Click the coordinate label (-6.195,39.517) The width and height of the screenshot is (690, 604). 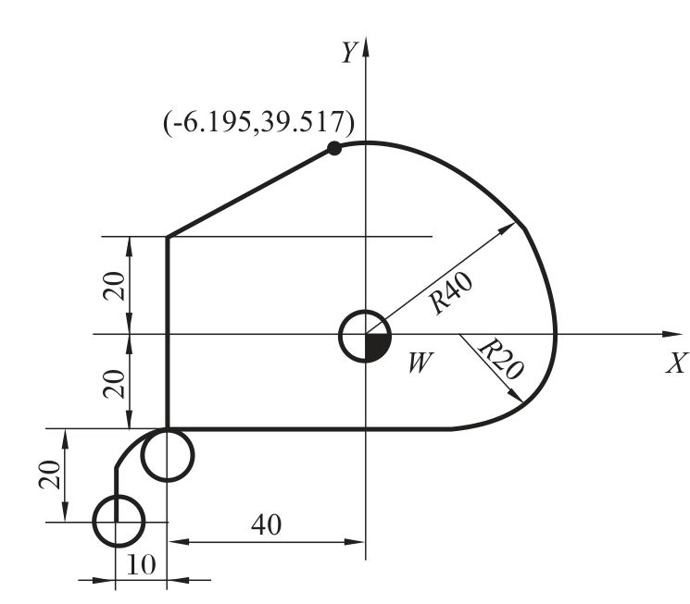(x=258, y=122)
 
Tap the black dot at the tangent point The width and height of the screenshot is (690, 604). (x=334, y=148)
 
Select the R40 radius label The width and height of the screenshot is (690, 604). (x=451, y=293)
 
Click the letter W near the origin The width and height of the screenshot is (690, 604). (x=420, y=364)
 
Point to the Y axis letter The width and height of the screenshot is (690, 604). (x=349, y=53)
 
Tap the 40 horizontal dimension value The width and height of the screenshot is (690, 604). (x=266, y=524)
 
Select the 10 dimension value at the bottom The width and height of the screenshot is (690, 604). (x=141, y=564)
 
